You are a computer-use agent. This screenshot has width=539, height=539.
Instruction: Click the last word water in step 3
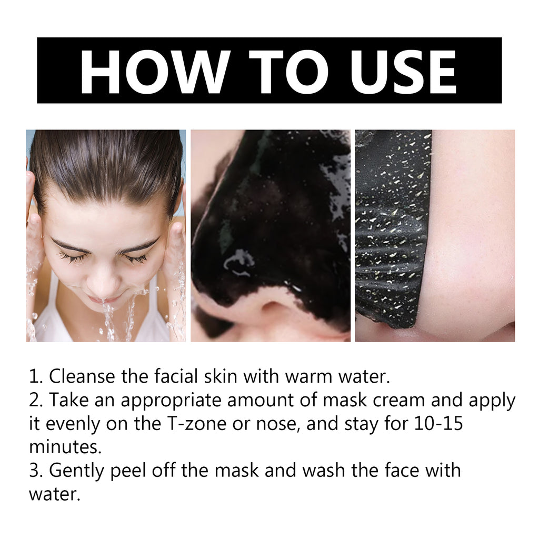54,495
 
